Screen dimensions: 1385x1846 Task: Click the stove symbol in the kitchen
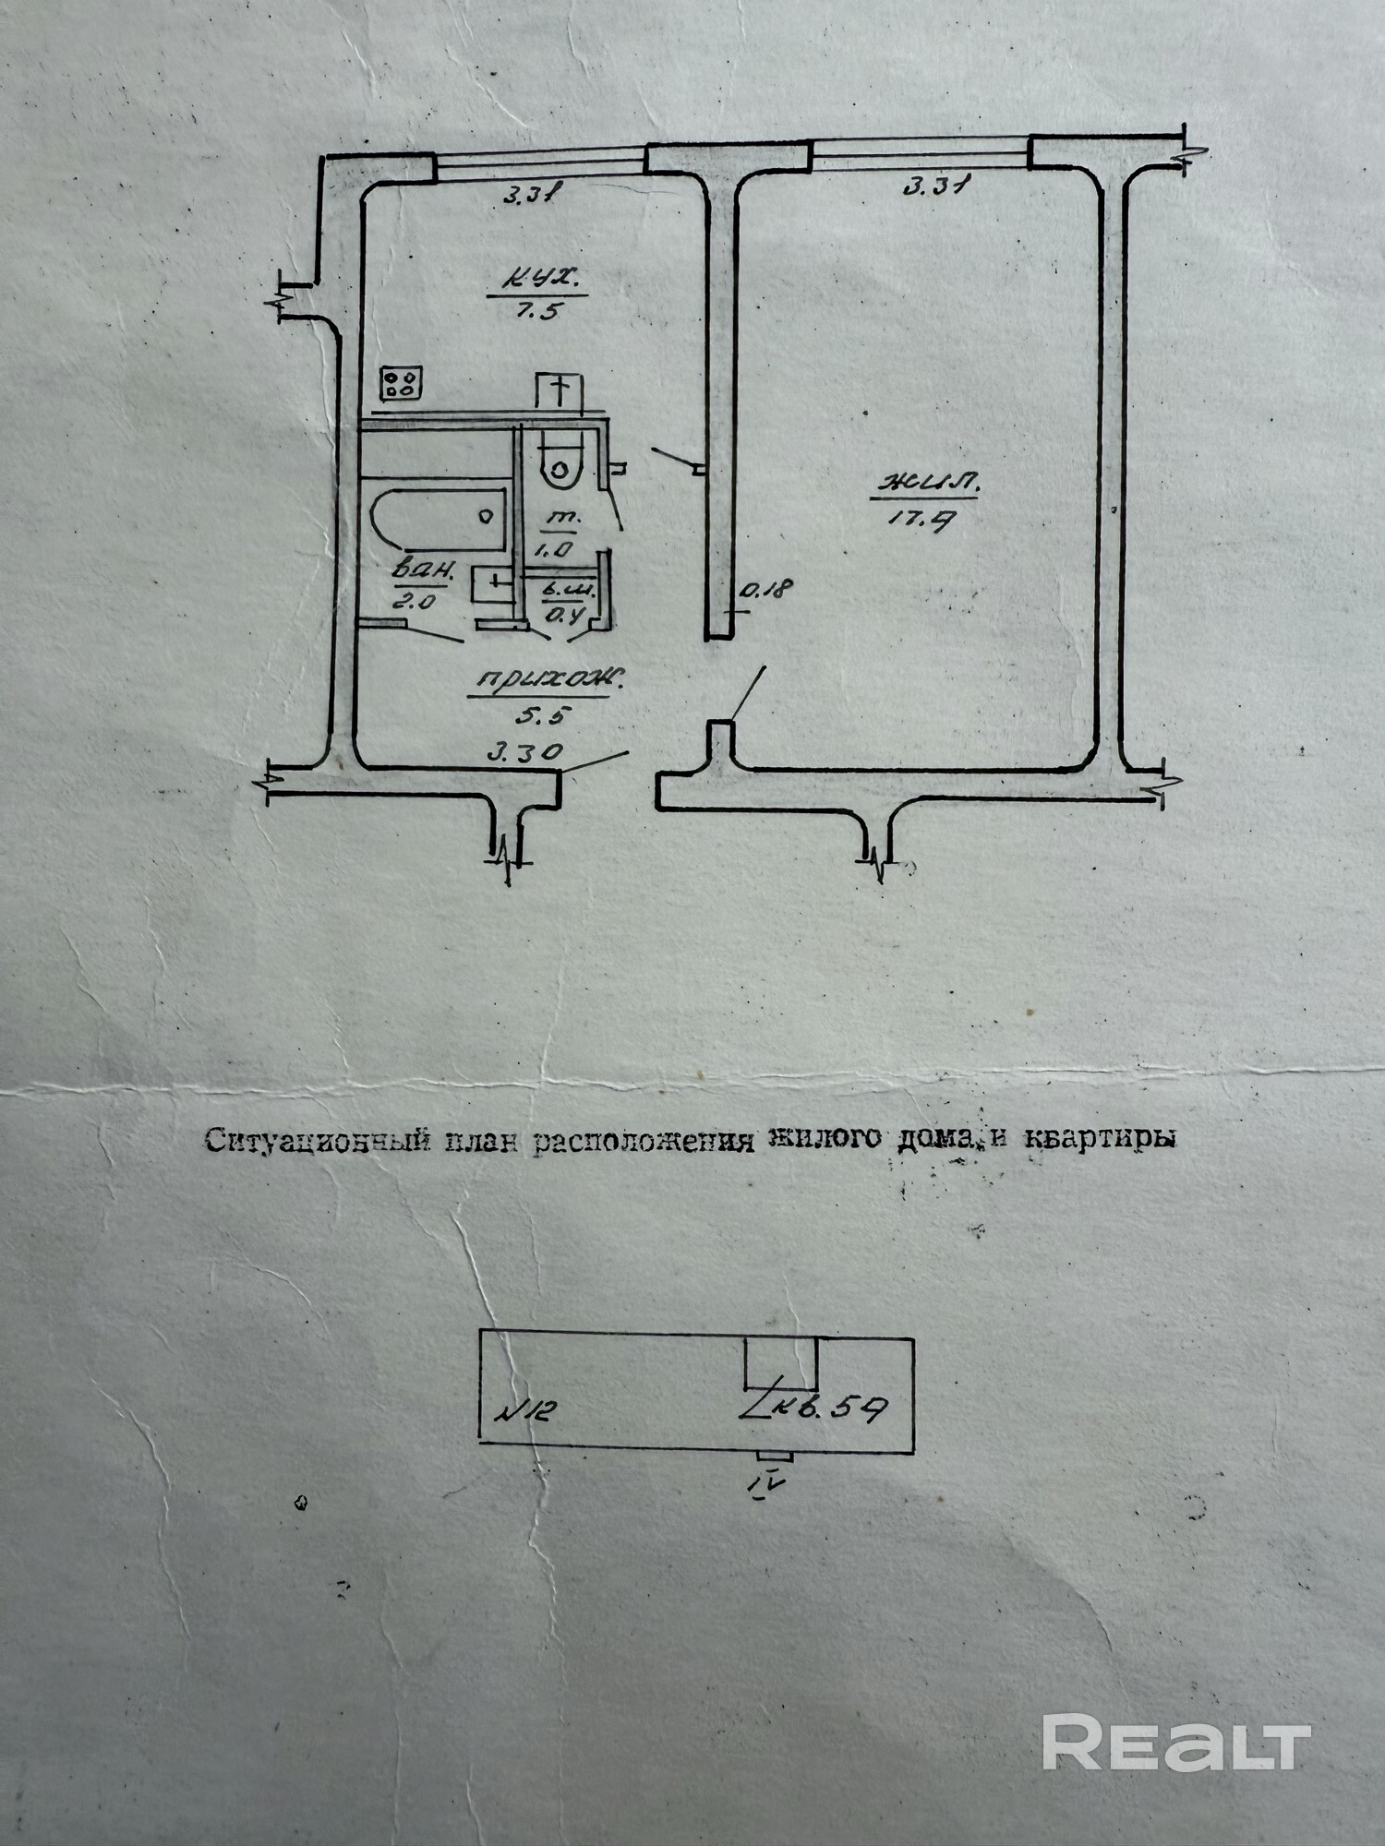[401, 383]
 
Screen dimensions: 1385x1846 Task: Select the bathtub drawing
[438, 520]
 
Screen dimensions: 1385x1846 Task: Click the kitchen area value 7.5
[537, 310]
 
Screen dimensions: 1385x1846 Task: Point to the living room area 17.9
[913, 520]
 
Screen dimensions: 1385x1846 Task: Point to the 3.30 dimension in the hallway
[524, 753]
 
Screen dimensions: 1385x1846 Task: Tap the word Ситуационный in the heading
[316, 1141]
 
